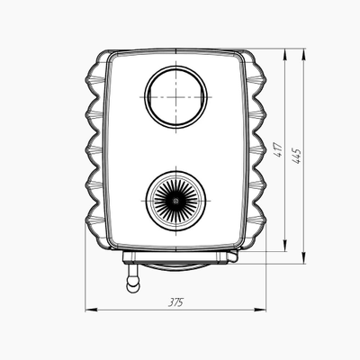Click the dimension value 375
pos(175,302)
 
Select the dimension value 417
pos(278,150)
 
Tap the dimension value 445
pos(297,156)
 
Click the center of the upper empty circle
pos(175,97)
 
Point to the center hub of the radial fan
pos(175,201)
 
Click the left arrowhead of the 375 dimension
pos(92,310)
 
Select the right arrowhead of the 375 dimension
pos(260,310)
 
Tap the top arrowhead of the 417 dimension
pos(285,55)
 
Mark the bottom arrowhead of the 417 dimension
pos(285,246)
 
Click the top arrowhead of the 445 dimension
pos(304,55)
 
